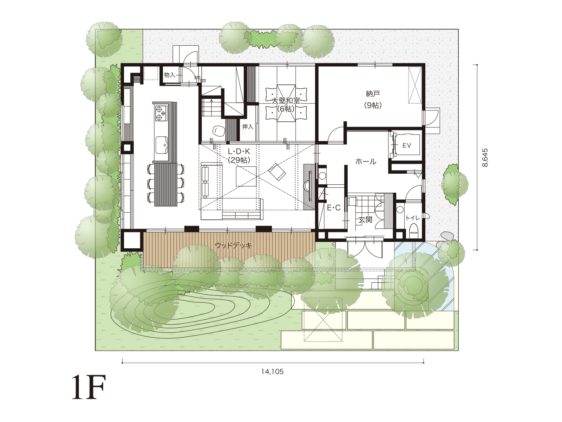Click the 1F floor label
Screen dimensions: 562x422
(89, 388)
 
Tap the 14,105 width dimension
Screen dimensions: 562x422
(273, 371)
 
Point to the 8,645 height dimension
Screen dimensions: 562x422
(485, 158)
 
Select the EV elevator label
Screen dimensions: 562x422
(407, 146)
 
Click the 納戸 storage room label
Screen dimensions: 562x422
(373, 94)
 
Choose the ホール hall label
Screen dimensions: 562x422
(366, 161)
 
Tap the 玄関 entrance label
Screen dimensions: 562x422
(365, 219)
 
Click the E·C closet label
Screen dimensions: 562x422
(334, 208)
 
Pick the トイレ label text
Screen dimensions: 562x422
(413, 218)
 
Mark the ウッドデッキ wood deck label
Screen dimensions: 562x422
(233, 245)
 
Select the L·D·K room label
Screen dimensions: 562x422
(239, 152)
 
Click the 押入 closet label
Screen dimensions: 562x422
(248, 127)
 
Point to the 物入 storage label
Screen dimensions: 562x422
(170, 75)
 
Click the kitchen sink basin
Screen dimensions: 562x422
(161, 145)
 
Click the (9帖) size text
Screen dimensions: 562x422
(373, 105)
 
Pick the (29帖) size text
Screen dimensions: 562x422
(239, 160)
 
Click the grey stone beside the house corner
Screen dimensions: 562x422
(447, 236)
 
